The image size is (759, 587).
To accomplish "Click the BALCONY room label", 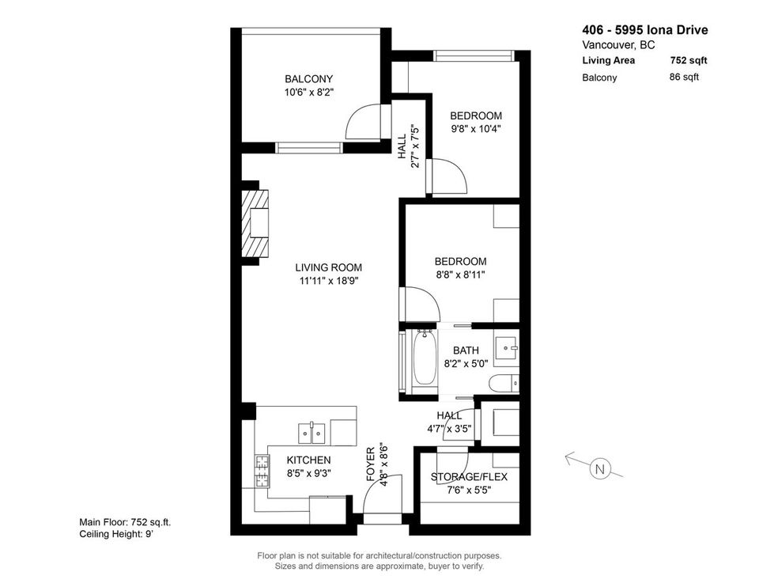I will point(308,79).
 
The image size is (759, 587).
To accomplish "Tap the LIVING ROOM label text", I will point(329,267).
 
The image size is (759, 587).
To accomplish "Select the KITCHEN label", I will point(308,460).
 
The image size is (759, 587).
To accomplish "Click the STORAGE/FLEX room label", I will point(469,477).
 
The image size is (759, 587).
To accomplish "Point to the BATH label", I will point(466,350).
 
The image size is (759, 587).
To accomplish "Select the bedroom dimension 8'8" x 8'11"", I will point(460,275).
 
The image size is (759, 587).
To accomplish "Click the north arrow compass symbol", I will point(599,468).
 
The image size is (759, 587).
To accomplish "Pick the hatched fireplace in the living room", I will point(255,224).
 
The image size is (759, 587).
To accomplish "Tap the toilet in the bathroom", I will point(504,384).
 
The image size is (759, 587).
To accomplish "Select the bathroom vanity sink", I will point(506,346).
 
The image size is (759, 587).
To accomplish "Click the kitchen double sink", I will point(312,433).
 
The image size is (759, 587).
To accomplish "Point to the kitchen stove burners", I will point(260,472).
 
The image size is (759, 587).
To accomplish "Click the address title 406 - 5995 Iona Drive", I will point(644,31).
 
